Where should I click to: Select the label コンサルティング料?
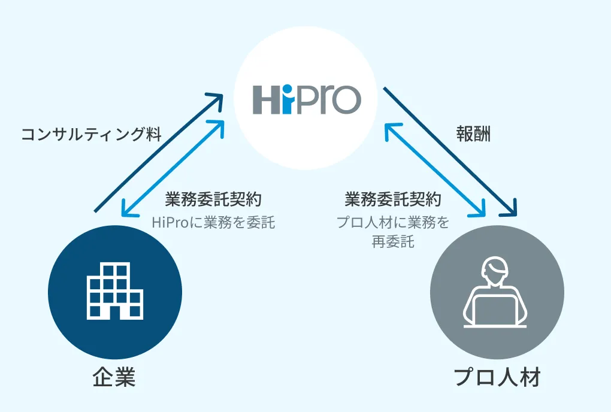coord(91,134)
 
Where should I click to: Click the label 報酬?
coord(473,134)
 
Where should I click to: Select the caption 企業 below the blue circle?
coord(114,378)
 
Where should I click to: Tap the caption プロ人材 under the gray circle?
coord(497,378)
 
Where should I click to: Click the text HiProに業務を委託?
coord(213,222)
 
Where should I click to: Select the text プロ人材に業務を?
coord(392,222)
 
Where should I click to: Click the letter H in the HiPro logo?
coord(266,100)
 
